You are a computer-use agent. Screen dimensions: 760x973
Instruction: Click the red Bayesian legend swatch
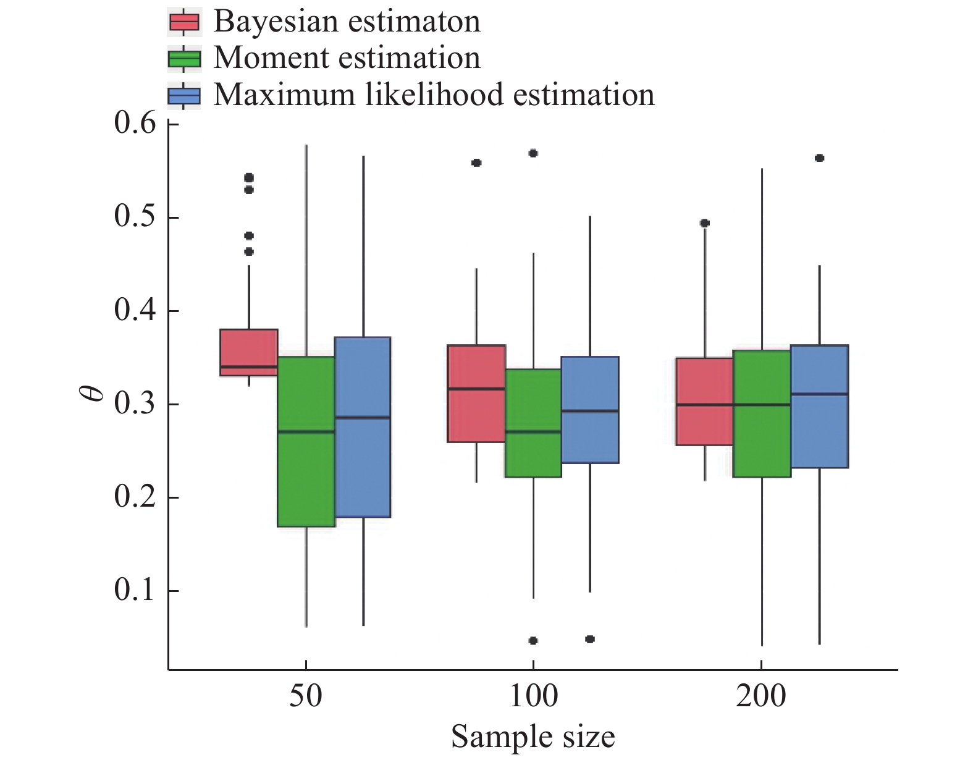click(184, 22)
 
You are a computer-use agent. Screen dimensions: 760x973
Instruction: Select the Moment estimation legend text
click(347, 58)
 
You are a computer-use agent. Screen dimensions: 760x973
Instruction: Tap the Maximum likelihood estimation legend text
click(434, 95)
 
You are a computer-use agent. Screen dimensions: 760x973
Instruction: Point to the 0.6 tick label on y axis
click(135, 124)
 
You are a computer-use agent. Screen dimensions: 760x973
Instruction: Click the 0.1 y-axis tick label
click(135, 591)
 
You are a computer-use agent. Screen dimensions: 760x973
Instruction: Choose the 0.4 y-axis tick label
click(135, 311)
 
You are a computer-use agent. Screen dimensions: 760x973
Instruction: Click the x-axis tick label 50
click(306, 696)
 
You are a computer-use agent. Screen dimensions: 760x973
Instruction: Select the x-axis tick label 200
click(760, 696)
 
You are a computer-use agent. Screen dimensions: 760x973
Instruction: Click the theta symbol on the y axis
click(94, 392)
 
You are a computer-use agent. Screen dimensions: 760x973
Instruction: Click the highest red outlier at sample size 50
click(249, 178)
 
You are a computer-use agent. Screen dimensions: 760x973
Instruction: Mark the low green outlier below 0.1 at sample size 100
click(533, 641)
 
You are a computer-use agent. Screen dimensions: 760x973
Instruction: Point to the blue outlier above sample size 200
click(820, 158)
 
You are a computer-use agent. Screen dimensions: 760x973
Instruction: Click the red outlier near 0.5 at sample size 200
click(705, 223)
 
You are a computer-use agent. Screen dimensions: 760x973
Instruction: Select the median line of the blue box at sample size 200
click(820, 394)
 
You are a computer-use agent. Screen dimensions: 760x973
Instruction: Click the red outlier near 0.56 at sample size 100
click(476, 163)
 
